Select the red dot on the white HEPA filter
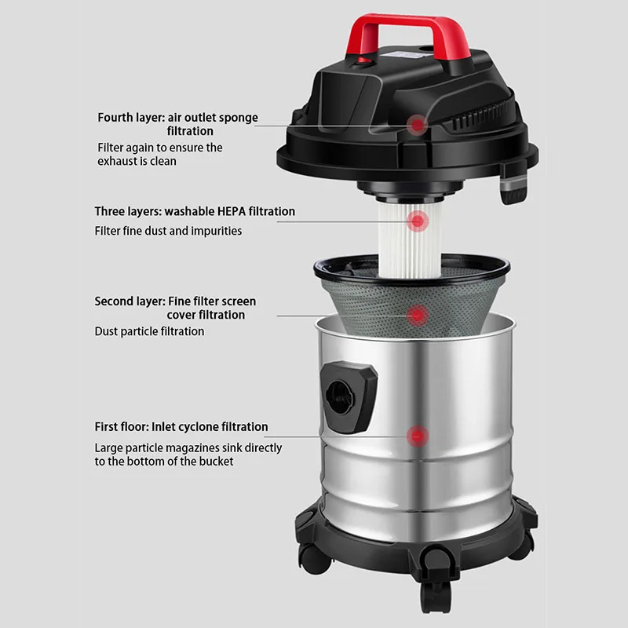point(418,222)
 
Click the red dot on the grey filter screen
point(418,316)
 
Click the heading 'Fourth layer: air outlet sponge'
point(177,118)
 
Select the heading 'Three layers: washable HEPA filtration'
point(195,211)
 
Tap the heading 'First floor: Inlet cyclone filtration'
point(181,427)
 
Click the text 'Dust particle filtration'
point(149,331)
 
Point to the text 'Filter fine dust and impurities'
point(168,231)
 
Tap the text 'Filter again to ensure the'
point(160,148)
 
